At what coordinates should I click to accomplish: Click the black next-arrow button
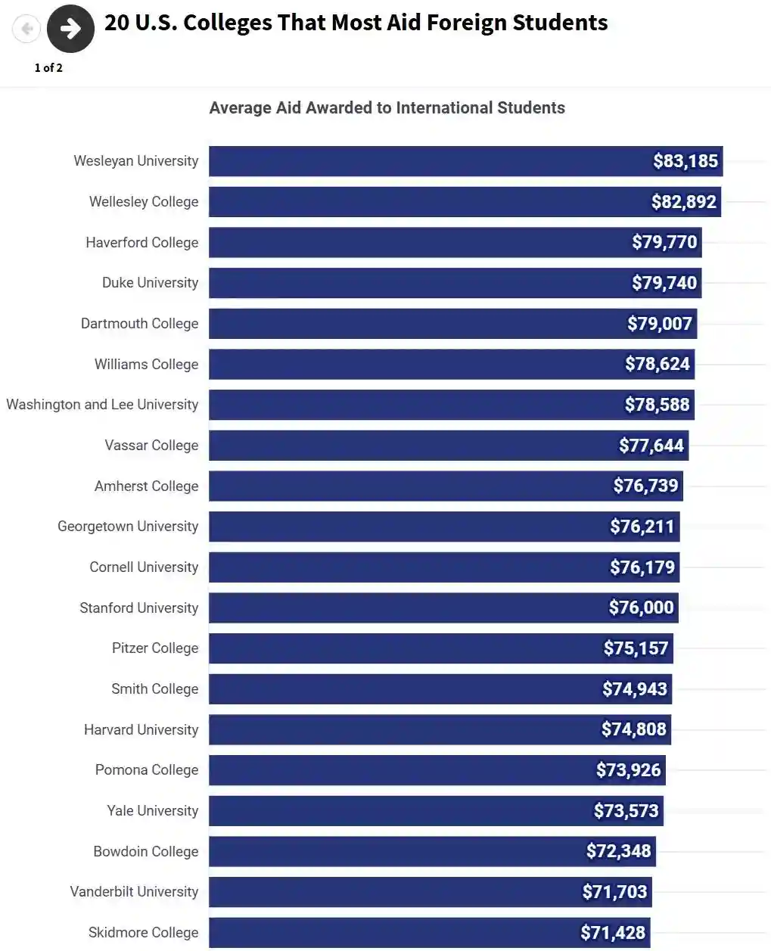[70, 29]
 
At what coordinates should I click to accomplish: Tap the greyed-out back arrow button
[26, 29]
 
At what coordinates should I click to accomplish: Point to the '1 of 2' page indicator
[48, 67]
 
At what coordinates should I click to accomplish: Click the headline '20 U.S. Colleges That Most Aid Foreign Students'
[356, 23]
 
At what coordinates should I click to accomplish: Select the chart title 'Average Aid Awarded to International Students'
[387, 108]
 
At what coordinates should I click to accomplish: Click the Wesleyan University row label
[136, 161]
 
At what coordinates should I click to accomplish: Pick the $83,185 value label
[686, 161]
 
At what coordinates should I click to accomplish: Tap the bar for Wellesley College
[424, 202]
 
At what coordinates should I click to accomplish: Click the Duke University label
[150, 283]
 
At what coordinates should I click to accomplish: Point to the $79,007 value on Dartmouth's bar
[659, 324]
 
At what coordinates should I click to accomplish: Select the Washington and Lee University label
[102, 405]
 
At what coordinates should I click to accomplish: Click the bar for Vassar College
[409, 446]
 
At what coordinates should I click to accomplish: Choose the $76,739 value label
[645, 486]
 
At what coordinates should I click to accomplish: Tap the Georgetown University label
[128, 527]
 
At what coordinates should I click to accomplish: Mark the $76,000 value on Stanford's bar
[641, 608]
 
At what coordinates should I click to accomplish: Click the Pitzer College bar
[401, 648]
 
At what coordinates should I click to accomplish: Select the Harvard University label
[141, 730]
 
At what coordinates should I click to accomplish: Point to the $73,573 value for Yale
[626, 811]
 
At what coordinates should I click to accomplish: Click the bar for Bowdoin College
[393, 851]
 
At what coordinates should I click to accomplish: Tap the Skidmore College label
[143, 933]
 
